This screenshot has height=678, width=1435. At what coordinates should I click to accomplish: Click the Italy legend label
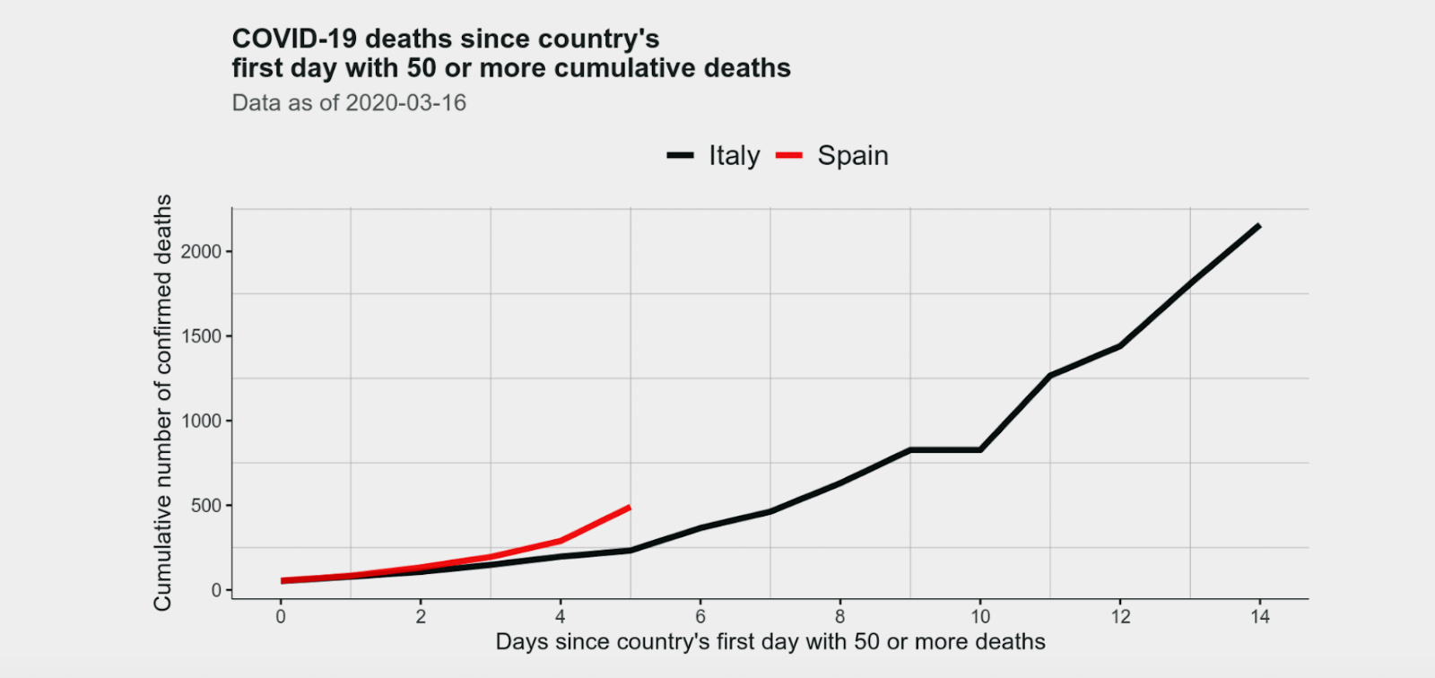[x=734, y=156]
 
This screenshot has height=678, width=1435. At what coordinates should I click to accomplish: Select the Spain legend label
[x=852, y=156]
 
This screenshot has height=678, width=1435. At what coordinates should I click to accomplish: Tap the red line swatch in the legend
[x=788, y=156]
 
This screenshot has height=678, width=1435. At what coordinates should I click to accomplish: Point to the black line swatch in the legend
[x=681, y=156]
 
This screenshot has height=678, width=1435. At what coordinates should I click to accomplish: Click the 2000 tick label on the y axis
[x=201, y=252]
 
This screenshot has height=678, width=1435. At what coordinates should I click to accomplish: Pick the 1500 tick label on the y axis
[x=201, y=336]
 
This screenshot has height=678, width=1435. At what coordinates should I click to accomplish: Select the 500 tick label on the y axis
[x=205, y=506]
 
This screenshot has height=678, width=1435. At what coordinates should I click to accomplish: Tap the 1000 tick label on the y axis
[x=201, y=421]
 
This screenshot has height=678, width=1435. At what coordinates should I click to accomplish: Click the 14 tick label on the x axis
[x=1260, y=617]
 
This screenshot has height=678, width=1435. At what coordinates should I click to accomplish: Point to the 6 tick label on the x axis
[x=700, y=617]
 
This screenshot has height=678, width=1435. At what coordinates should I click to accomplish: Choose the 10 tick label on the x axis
[x=980, y=617]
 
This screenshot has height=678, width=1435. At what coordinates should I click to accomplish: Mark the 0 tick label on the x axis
[x=281, y=617]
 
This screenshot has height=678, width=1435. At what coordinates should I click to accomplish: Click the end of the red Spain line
[x=630, y=508]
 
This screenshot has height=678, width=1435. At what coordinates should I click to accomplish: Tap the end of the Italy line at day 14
[x=1260, y=225]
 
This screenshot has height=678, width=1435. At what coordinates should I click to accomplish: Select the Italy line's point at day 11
[x=1050, y=375]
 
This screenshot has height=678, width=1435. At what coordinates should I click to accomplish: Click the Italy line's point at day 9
[x=910, y=449]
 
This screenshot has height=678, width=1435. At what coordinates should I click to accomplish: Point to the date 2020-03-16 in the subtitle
[x=405, y=103]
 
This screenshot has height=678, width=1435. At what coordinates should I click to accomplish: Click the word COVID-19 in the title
[x=295, y=39]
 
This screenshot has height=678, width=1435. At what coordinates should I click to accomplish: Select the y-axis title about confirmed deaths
[x=162, y=403]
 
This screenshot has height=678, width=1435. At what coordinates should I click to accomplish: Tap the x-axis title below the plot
[x=770, y=642]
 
